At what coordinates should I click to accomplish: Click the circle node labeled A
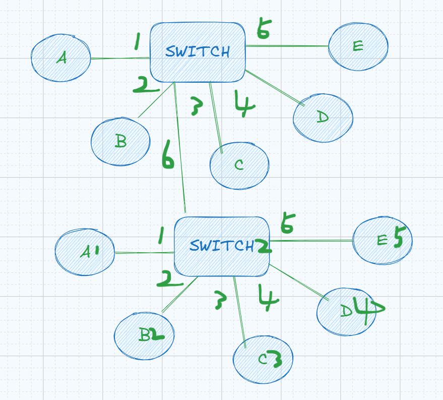tap(60, 59)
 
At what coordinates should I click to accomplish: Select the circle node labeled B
tap(120, 141)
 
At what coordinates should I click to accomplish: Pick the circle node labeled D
tap(323, 118)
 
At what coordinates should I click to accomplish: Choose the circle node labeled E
tap(358, 46)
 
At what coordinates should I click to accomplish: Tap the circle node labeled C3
tap(262, 359)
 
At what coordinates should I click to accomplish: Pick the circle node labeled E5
tap(382, 240)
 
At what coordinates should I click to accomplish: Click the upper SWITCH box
tap(198, 52)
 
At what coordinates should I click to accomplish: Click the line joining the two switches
tap(180, 151)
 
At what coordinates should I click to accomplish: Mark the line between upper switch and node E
tap(287, 46)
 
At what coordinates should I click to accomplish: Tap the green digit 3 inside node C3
tap(274, 359)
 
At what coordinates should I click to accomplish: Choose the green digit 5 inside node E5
tap(398, 239)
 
